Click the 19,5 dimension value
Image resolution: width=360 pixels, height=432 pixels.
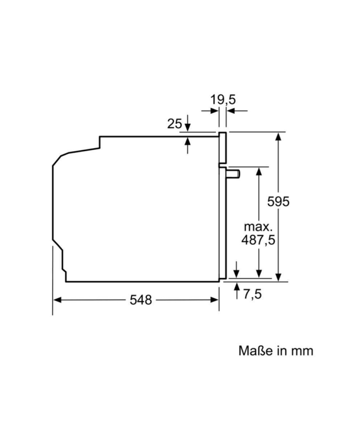(x=223, y=99)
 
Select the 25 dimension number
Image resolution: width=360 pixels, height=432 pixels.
(x=174, y=124)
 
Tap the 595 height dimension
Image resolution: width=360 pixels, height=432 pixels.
(x=278, y=202)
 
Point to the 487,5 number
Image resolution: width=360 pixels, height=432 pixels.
(x=258, y=240)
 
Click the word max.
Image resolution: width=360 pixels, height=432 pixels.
(x=258, y=227)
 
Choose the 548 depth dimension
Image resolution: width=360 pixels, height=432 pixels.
(x=141, y=300)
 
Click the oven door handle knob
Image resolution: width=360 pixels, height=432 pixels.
(x=234, y=174)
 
